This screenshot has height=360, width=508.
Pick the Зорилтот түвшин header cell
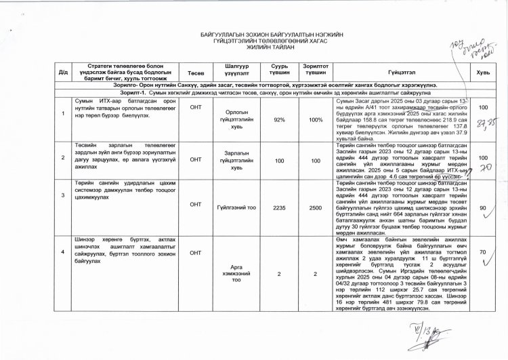pyautogui.click(x=312, y=73)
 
